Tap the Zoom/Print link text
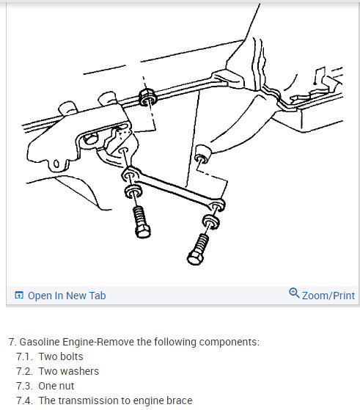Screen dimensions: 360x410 tap(328, 296)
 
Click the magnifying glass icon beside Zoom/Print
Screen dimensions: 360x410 tap(294, 293)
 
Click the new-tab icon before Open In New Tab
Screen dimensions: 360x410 tap(19, 295)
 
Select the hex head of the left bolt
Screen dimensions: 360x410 tap(143, 232)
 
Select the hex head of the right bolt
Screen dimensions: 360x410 tap(195, 258)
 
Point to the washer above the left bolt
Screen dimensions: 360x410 tap(133, 191)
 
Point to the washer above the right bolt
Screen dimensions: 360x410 tap(211, 222)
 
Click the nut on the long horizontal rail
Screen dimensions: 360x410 tap(147, 98)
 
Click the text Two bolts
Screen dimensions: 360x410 tap(61, 356)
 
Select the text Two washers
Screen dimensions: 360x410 tap(69, 371)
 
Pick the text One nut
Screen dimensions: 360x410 tap(56, 386)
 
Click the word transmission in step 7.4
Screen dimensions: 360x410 tap(86, 400)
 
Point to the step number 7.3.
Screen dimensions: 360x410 tap(24, 386)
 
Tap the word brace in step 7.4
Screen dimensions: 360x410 tap(180, 400)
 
